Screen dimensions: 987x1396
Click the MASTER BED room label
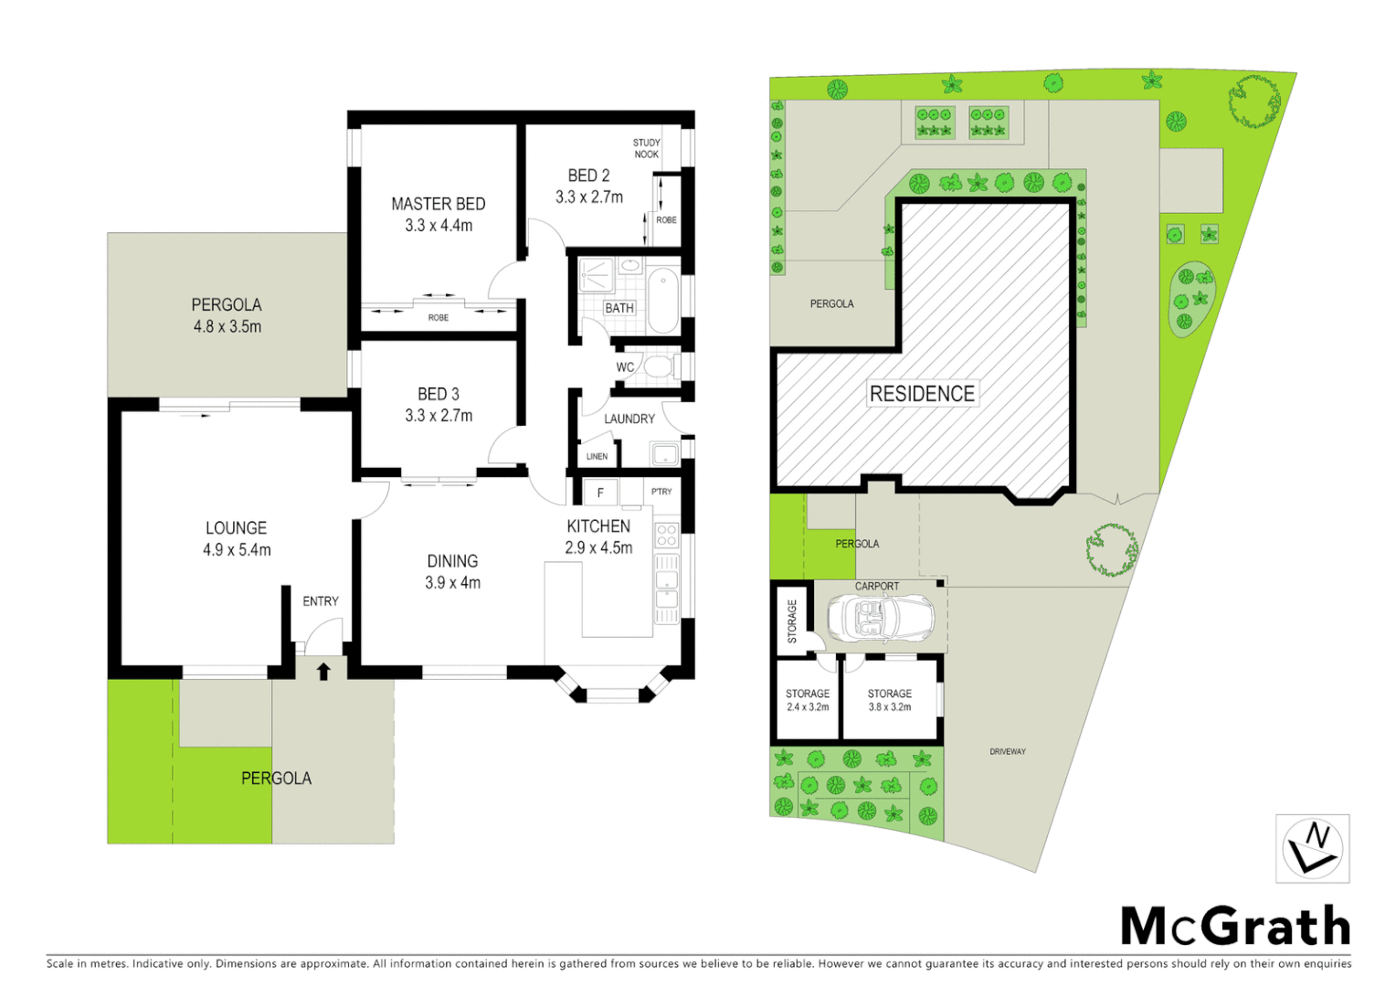pyautogui.click(x=438, y=204)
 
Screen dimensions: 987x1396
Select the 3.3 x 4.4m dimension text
pyautogui.click(x=439, y=226)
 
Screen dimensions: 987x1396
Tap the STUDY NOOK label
pyautogui.click(x=646, y=148)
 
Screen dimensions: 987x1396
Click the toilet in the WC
pyautogui.click(x=658, y=367)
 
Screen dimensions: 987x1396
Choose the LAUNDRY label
pyautogui.click(x=629, y=419)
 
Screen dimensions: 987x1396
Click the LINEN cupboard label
pyautogui.click(x=597, y=456)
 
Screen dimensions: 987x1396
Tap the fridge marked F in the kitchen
pyautogui.click(x=600, y=493)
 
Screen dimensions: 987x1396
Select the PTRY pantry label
pyautogui.click(x=661, y=492)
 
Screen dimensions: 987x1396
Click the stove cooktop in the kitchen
pyautogui.click(x=667, y=536)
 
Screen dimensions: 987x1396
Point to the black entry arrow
pyautogui.click(x=323, y=672)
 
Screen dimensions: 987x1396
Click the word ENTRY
pyautogui.click(x=321, y=601)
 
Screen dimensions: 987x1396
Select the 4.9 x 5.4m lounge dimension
pyautogui.click(x=237, y=550)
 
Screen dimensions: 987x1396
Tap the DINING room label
pyautogui.click(x=452, y=561)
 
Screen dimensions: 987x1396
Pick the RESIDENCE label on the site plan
pyautogui.click(x=922, y=394)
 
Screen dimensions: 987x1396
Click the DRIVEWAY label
pyautogui.click(x=1007, y=751)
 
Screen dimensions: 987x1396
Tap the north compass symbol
pyautogui.click(x=1312, y=849)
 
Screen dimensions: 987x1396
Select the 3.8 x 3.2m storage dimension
pyautogui.click(x=889, y=707)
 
